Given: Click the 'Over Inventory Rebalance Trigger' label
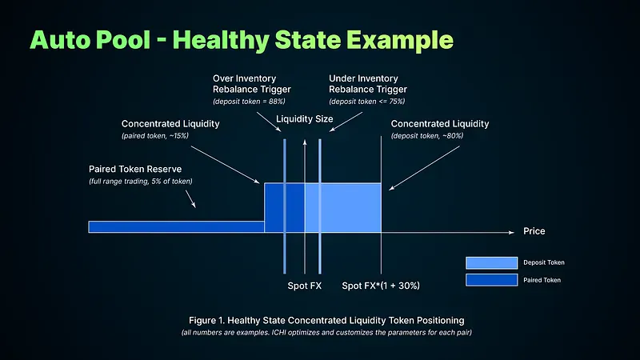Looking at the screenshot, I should point(244,84).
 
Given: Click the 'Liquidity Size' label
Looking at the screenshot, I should point(304,119).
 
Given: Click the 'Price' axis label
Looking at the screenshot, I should point(534,231).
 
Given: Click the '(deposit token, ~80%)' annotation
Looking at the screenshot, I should point(426,137).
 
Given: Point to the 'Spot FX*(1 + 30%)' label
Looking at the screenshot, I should point(381,286).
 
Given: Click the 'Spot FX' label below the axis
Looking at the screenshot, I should point(304,286).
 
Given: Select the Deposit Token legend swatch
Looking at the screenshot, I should point(491,262).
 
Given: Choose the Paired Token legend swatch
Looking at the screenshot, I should point(491,280).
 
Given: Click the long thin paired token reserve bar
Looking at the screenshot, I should point(176,226).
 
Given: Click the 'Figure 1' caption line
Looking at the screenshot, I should point(319,321).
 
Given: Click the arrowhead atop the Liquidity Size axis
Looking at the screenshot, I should point(304,139).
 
